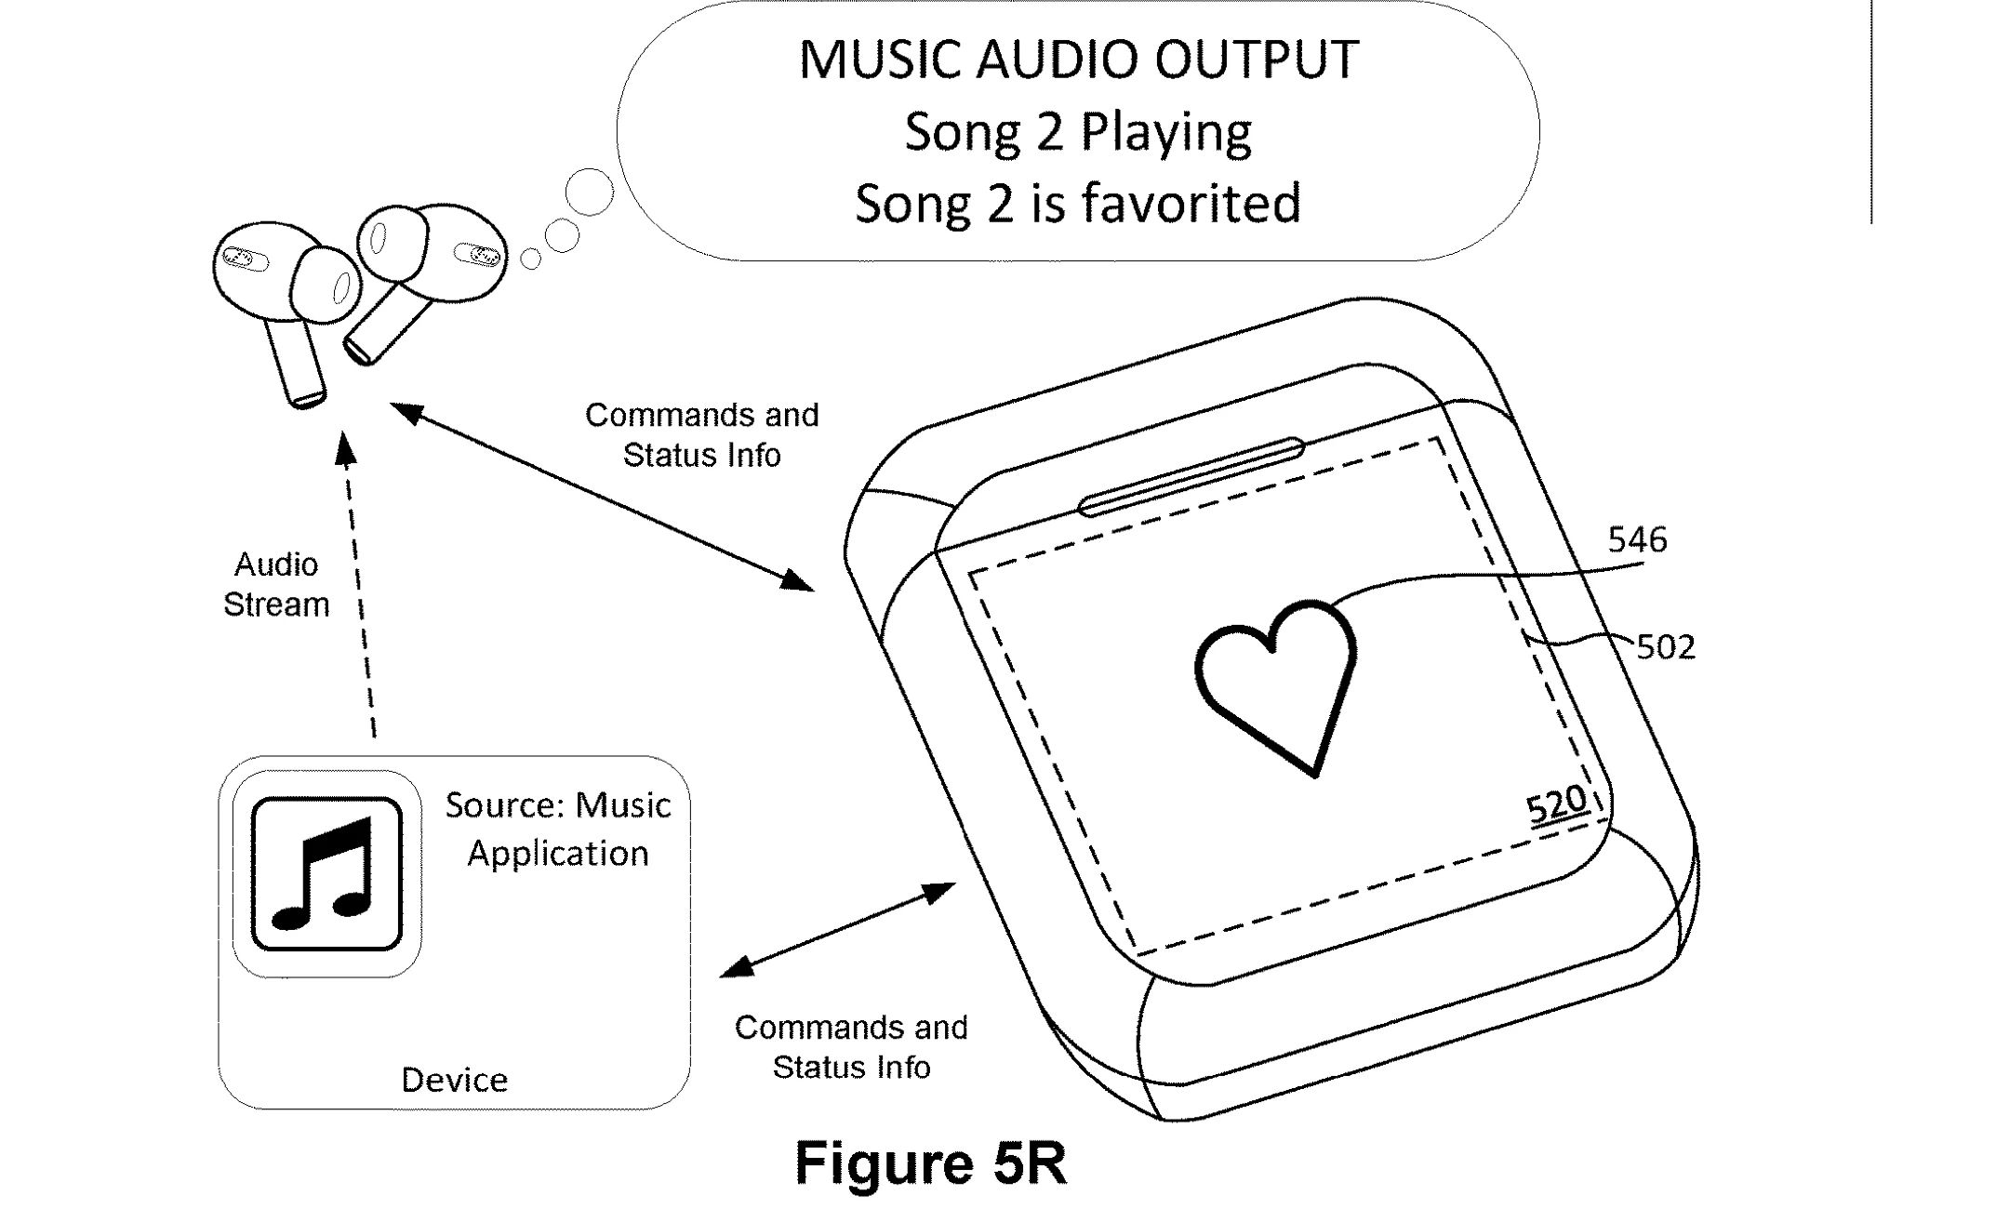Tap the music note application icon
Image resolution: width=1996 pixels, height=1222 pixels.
326,873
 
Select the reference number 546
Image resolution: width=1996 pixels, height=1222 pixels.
1637,540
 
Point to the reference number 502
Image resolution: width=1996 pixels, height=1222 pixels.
1666,647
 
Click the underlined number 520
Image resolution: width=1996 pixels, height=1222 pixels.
1556,804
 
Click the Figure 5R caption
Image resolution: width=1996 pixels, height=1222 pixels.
930,1162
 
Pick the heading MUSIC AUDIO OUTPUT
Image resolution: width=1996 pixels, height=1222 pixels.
1078,60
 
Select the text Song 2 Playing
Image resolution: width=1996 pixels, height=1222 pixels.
1078,131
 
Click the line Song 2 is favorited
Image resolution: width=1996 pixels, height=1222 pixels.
1078,204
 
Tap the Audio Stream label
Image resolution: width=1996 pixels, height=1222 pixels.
276,584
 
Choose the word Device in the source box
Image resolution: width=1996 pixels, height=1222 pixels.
454,1080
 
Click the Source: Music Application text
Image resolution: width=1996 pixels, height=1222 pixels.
557,829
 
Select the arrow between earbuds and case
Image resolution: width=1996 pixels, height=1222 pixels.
602,497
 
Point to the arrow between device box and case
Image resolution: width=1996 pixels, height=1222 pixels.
837,929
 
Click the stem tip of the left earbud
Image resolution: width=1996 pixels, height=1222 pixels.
308,400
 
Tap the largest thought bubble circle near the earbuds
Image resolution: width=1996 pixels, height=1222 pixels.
590,193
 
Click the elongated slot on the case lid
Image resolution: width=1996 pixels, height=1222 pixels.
1191,476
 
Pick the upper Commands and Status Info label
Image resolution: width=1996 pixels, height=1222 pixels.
701,434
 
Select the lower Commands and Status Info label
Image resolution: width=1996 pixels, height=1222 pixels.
851,1046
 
